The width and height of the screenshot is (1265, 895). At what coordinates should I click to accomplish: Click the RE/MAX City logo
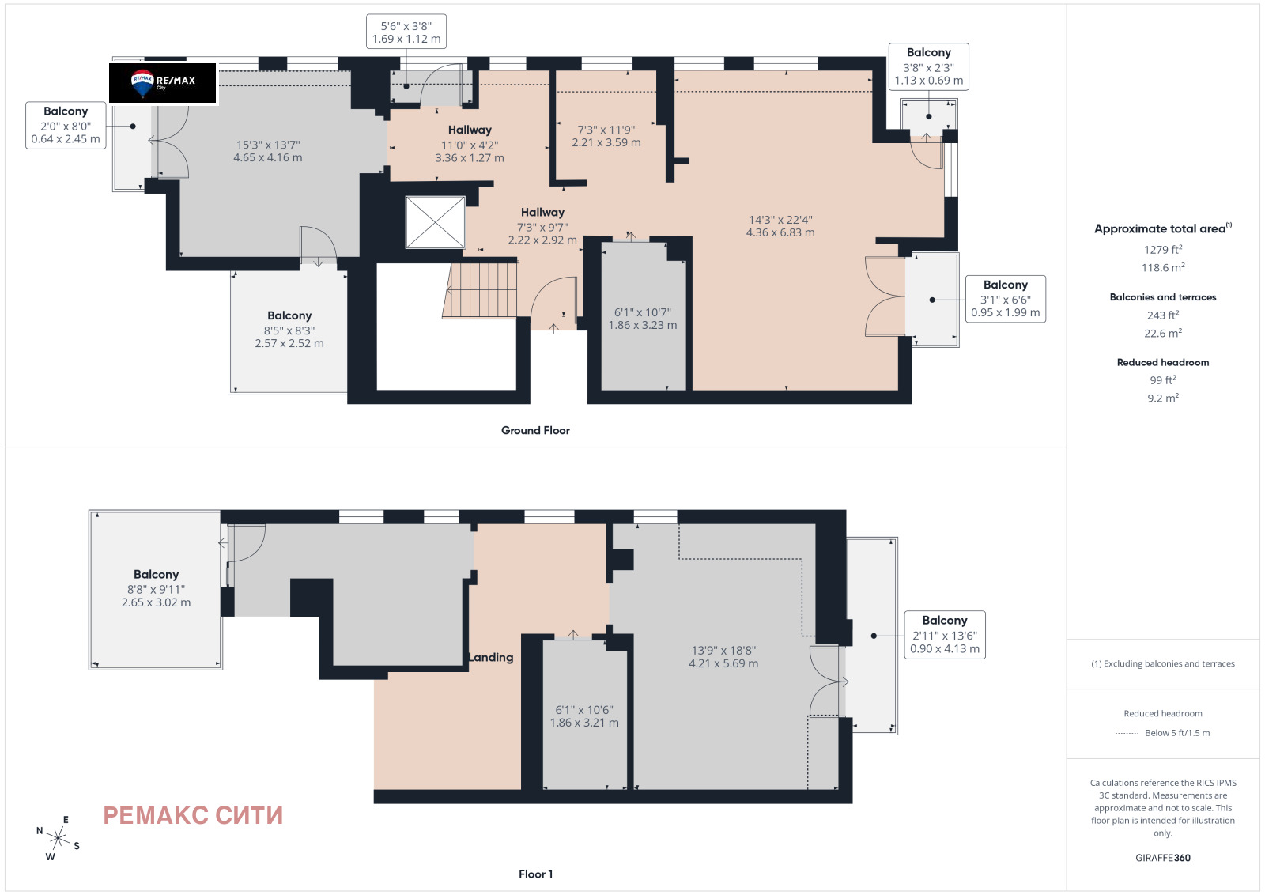(x=163, y=83)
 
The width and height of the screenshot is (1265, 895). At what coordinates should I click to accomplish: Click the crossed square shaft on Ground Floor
(x=436, y=222)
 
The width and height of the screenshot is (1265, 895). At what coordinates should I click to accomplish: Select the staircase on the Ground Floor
(x=480, y=290)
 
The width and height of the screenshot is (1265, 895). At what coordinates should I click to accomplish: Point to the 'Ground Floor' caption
(x=535, y=430)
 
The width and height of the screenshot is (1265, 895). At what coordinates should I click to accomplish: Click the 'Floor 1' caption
(x=535, y=874)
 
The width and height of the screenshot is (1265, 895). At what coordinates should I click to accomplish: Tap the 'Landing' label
(x=491, y=657)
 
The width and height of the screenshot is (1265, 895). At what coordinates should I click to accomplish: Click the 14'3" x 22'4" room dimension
(x=780, y=226)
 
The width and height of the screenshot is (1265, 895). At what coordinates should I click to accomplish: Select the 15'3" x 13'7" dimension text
(x=268, y=151)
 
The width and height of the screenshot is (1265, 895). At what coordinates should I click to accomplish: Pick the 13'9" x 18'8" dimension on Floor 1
(x=723, y=657)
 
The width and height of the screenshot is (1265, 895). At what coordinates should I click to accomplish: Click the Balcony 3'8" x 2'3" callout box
(x=929, y=66)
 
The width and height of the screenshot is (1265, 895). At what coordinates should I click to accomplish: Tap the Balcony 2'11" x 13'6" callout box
(x=945, y=635)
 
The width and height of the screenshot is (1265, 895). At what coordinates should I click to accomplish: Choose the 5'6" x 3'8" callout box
(x=406, y=32)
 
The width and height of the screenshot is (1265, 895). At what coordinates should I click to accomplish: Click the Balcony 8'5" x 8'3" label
(x=289, y=329)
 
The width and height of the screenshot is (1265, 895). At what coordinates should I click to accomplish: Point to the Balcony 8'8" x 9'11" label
(x=156, y=588)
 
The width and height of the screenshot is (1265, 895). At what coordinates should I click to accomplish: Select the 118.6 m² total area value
(x=1163, y=268)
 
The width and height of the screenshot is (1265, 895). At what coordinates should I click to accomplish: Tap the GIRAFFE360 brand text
(x=1163, y=858)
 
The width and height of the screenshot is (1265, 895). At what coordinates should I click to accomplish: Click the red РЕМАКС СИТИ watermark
(x=193, y=815)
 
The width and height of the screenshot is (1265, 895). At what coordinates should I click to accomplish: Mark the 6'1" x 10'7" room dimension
(x=643, y=319)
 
